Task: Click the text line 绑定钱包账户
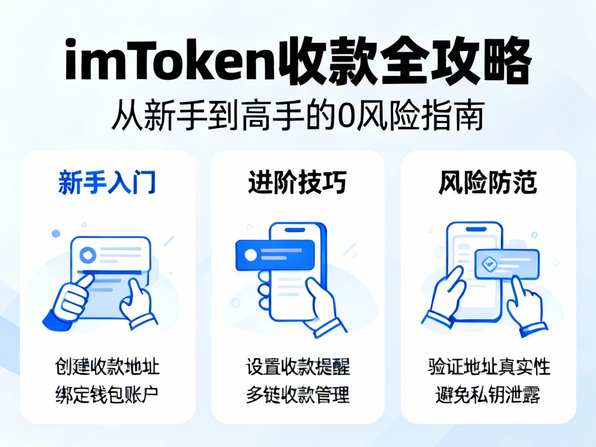tap(107, 395)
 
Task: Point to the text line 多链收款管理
tap(297, 395)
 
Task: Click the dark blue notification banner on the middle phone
tap(275, 255)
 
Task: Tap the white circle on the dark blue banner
tap(251, 255)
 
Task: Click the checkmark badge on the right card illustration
tap(487, 264)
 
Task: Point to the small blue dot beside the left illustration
tap(56, 234)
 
